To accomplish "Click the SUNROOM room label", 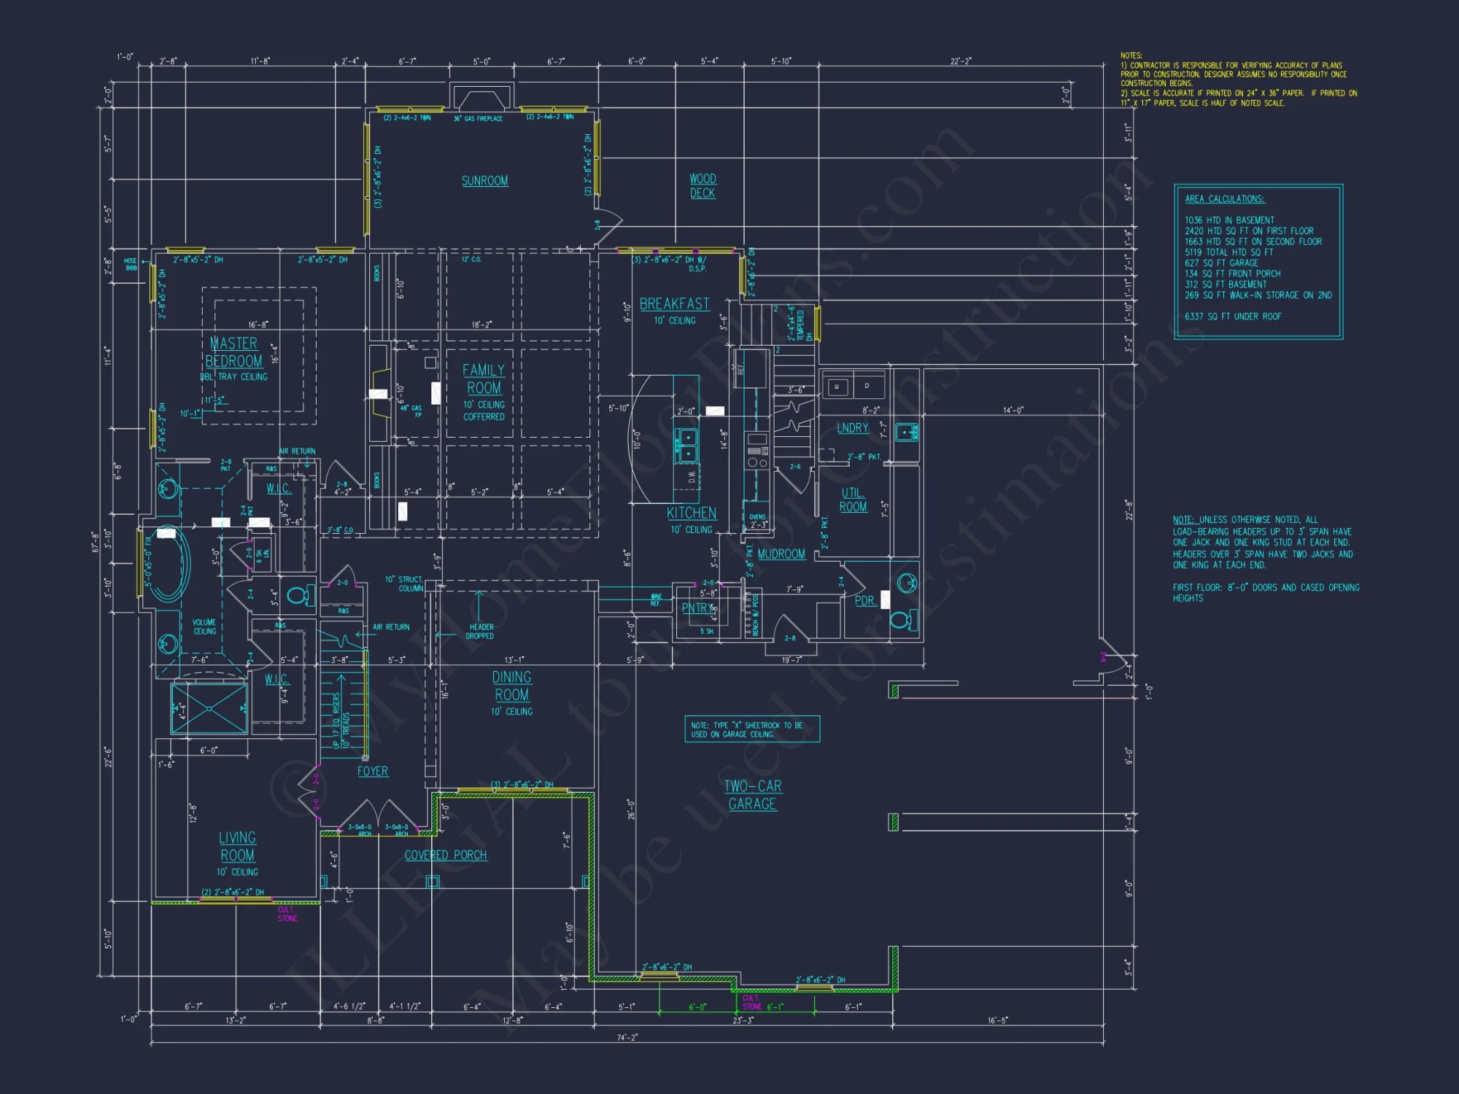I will (x=484, y=181).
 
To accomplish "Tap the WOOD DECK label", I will (x=703, y=186).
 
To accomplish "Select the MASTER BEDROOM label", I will (x=234, y=352).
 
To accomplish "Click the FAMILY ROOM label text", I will (x=484, y=379).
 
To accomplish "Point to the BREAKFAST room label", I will (x=674, y=304).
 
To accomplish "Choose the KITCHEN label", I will (x=692, y=513).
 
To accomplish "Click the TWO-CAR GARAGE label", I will (x=753, y=795).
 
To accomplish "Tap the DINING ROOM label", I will (x=511, y=686).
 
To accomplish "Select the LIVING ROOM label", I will (x=237, y=847).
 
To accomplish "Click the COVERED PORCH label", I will (x=446, y=856).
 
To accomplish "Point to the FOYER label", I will (x=373, y=772).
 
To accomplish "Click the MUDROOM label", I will (x=781, y=554).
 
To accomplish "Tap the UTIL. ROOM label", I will (x=853, y=500).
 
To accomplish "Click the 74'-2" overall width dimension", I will (x=627, y=1037).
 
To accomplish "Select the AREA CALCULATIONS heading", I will (x=1225, y=199).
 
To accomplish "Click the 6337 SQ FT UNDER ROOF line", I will (x=1233, y=317).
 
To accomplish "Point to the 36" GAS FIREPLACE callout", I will (x=478, y=119).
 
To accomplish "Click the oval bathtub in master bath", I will (x=169, y=563).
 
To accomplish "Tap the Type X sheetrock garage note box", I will (x=751, y=729).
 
